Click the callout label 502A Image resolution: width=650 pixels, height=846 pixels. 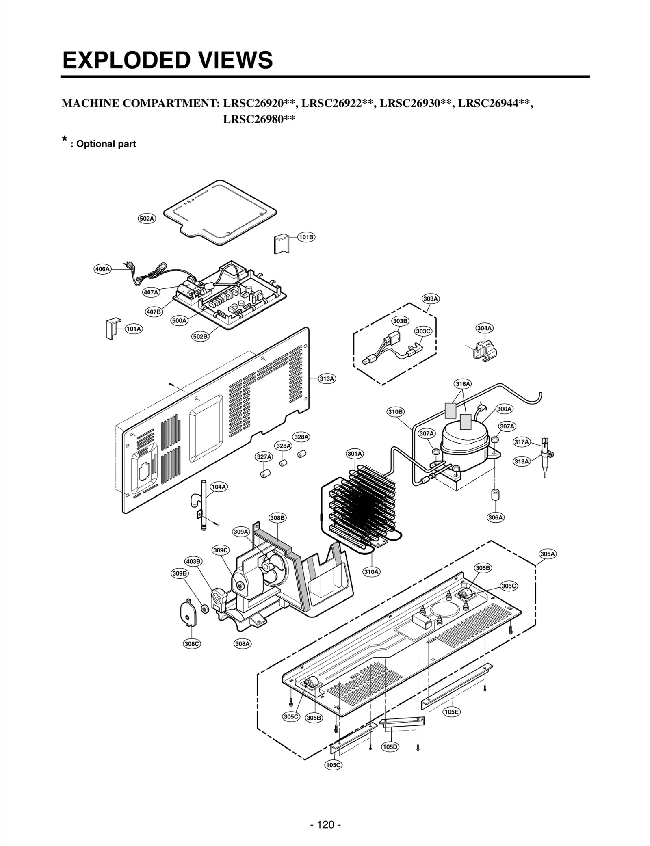pos(147,219)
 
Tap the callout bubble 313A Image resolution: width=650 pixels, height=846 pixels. pos(327,379)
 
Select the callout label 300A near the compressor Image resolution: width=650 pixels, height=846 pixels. pos(504,409)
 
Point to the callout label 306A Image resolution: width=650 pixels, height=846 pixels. pos(495,517)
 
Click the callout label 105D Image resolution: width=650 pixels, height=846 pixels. pos(390,747)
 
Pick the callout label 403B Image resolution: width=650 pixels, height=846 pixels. pos(193,562)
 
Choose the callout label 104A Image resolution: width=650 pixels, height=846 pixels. pos(219,487)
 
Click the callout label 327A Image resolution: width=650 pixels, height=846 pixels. pos(264,457)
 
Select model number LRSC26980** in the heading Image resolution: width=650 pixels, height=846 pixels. pos(259,119)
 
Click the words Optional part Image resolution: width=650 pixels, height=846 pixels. pos(106,144)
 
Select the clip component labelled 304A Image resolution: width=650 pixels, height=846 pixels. pos(483,350)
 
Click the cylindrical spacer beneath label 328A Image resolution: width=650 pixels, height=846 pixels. pos(284,463)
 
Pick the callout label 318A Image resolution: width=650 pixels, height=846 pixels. pos(522,461)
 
